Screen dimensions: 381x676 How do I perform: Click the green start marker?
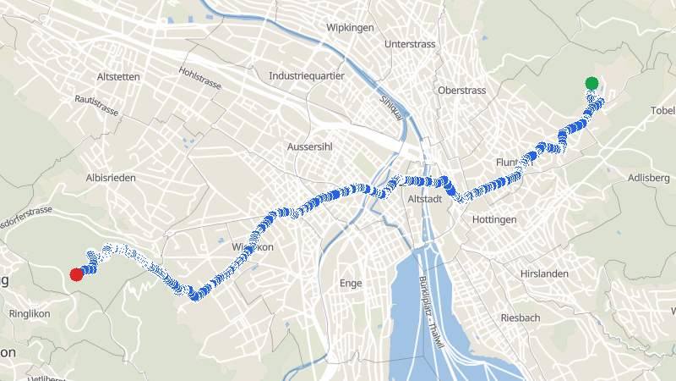pyautogui.click(x=591, y=83)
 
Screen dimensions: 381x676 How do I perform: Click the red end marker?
pyautogui.click(x=76, y=273)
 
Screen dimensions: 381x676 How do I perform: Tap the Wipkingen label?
pyautogui.click(x=350, y=28)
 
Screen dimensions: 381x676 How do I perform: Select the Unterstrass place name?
pyautogui.click(x=409, y=43)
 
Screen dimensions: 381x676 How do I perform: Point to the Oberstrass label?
pyautogui.click(x=462, y=91)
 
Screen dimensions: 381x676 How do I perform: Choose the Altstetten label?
pyautogui.click(x=118, y=77)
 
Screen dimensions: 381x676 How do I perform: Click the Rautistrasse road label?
pyautogui.click(x=96, y=106)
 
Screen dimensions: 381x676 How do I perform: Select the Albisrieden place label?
pyautogui.click(x=111, y=178)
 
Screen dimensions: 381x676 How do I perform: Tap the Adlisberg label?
pyautogui.click(x=649, y=178)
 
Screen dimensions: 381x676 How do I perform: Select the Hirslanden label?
pyautogui.click(x=544, y=273)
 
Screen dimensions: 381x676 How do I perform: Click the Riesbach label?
pyautogui.click(x=521, y=317)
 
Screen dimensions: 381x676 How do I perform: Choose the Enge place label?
pyautogui.click(x=350, y=282)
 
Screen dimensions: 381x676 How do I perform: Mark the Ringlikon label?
pyautogui.click(x=30, y=313)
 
